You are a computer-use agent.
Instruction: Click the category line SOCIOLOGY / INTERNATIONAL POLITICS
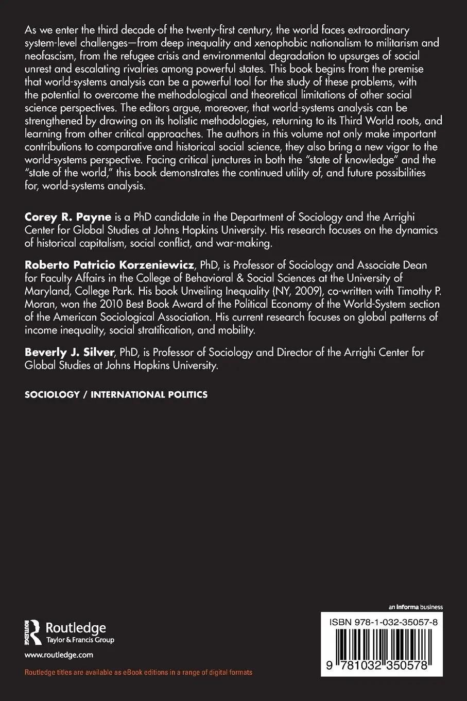pos(116,395)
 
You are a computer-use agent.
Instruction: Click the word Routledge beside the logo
pos(76,627)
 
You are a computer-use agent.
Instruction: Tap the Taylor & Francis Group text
pos(80,640)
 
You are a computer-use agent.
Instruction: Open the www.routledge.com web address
pos(59,655)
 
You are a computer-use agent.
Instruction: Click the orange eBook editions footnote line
pos(139,672)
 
